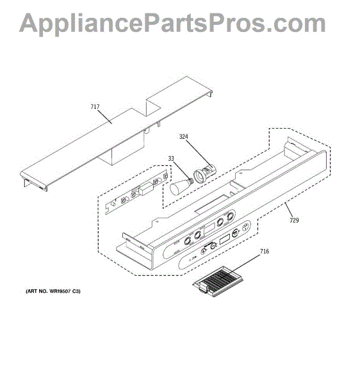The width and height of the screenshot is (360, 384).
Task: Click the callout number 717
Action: pyautogui.click(x=95, y=107)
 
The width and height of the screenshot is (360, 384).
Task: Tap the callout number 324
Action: pyautogui.click(x=184, y=137)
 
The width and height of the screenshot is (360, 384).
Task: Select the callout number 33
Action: pyautogui.click(x=171, y=159)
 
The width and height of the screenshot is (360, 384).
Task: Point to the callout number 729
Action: pyautogui.click(x=294, y=220)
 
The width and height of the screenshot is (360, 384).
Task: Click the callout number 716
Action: pyautogui.click(x=265, y=252)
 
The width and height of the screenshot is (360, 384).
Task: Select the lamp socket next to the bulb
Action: pyautogui.click(x=205, y=173)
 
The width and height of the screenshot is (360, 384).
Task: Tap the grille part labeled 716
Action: pyautogui.click(x=218, y=281)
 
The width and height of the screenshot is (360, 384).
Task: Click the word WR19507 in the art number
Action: pyautogui.click(x=60, y=291)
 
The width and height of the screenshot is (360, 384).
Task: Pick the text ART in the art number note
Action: pyautogui.click(x=31, y=291)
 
